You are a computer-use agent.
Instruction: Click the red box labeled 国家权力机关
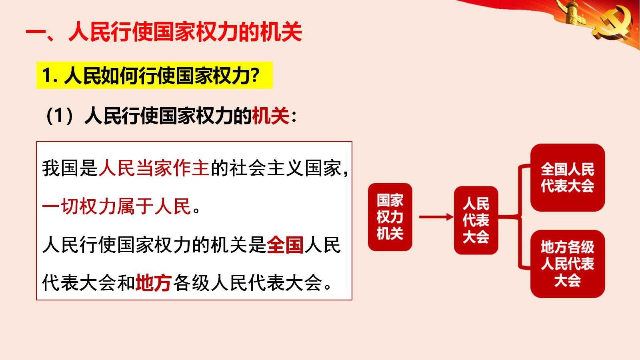tap(390, 217)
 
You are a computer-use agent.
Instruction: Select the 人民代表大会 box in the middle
tap(476, 220)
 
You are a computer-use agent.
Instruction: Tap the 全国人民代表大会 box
tap(568, 178)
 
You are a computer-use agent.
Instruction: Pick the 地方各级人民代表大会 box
tap(568, 264)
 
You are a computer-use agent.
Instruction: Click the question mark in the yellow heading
tap(255, 75)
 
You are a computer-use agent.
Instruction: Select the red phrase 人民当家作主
tap(154, 168)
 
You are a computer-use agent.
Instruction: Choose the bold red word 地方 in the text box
tap(154, 282)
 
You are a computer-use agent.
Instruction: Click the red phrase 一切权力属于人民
tap(116, 206)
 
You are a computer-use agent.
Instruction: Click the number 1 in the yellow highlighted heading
tap(46, 76)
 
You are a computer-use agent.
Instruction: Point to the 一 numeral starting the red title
tap(36, 32)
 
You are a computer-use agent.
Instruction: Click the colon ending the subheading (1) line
tap(294, 117)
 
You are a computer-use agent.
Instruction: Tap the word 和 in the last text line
tap(126, 282)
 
